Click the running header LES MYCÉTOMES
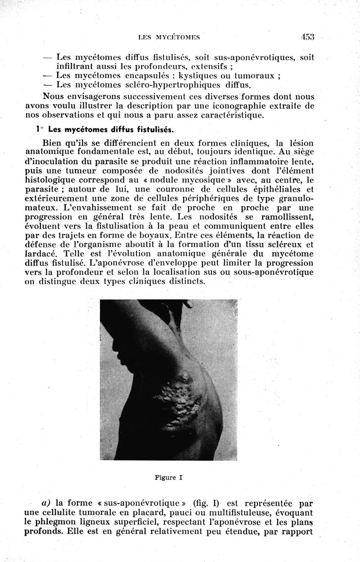(169, 38)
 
